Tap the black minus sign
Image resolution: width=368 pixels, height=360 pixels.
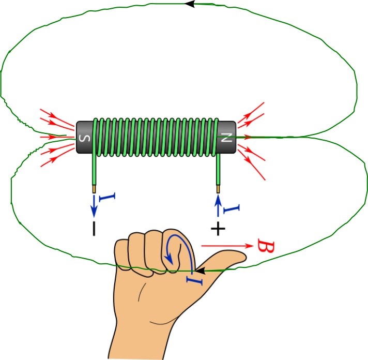[x=94, y=228]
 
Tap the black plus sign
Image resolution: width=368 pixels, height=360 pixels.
[x=218, y=228]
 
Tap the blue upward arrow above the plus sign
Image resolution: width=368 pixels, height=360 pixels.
[x=218, y=203]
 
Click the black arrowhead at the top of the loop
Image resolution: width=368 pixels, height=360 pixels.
[x=189, y=4]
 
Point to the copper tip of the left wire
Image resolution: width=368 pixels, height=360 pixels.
[x=94, y=190]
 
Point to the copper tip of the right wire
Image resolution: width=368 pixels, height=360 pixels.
[x=218, y=189]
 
